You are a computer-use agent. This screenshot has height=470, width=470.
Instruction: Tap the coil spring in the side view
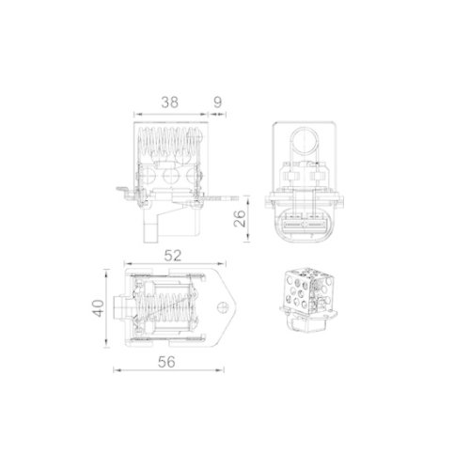(x=171, y=145)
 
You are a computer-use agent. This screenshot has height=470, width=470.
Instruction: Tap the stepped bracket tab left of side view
(x=125, y=195)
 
